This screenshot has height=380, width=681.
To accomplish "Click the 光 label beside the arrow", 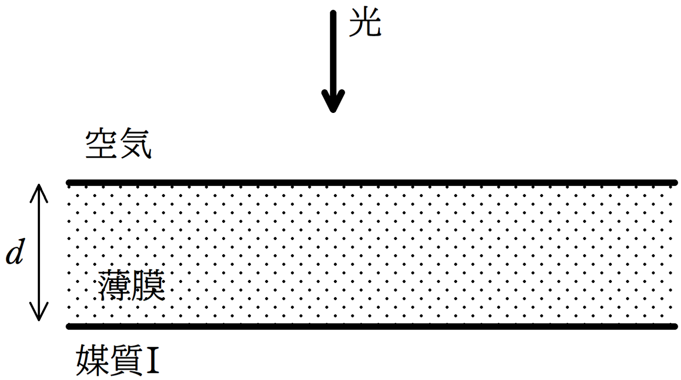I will tap(364, 23).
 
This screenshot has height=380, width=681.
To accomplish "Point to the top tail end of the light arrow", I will tap(333, 13).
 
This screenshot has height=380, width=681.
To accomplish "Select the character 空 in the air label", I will tap(101, 144).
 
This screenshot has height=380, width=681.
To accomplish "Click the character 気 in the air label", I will tap(136, 144).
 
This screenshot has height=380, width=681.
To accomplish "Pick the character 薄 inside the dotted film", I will tap(114, 286).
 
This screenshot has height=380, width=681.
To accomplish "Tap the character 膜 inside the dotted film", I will tap(148, 286).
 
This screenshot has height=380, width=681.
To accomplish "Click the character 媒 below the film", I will tap(92, 360).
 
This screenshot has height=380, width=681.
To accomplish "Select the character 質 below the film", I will tap(126, 360).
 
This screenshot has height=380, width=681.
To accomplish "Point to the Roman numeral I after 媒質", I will tap(152, 361).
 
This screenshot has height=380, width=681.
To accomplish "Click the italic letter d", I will tap(15, 252).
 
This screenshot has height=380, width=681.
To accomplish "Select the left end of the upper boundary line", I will tap(69, 182).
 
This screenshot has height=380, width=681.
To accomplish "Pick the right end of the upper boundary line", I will tap(675, 182).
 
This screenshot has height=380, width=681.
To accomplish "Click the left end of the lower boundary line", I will tap(69, 326).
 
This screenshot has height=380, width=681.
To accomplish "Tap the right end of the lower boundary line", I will tap(675, 326).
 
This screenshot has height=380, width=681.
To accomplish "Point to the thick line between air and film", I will tap(372, 182).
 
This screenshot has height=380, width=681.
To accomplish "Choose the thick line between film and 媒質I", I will tap(372, 326).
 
